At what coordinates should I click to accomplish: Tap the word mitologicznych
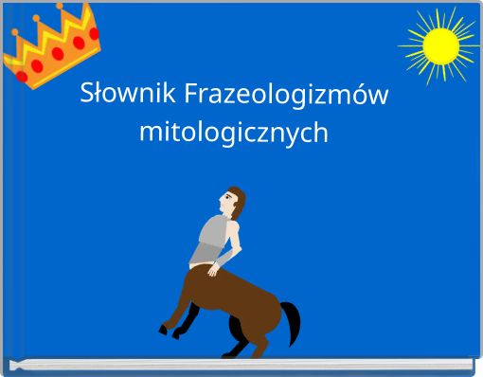[x=234, y=133]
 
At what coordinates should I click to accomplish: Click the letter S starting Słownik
[x=88, y=95]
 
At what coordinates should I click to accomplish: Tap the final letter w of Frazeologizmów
[x=386, y=96]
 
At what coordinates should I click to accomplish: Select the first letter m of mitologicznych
[x=149, y=133]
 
